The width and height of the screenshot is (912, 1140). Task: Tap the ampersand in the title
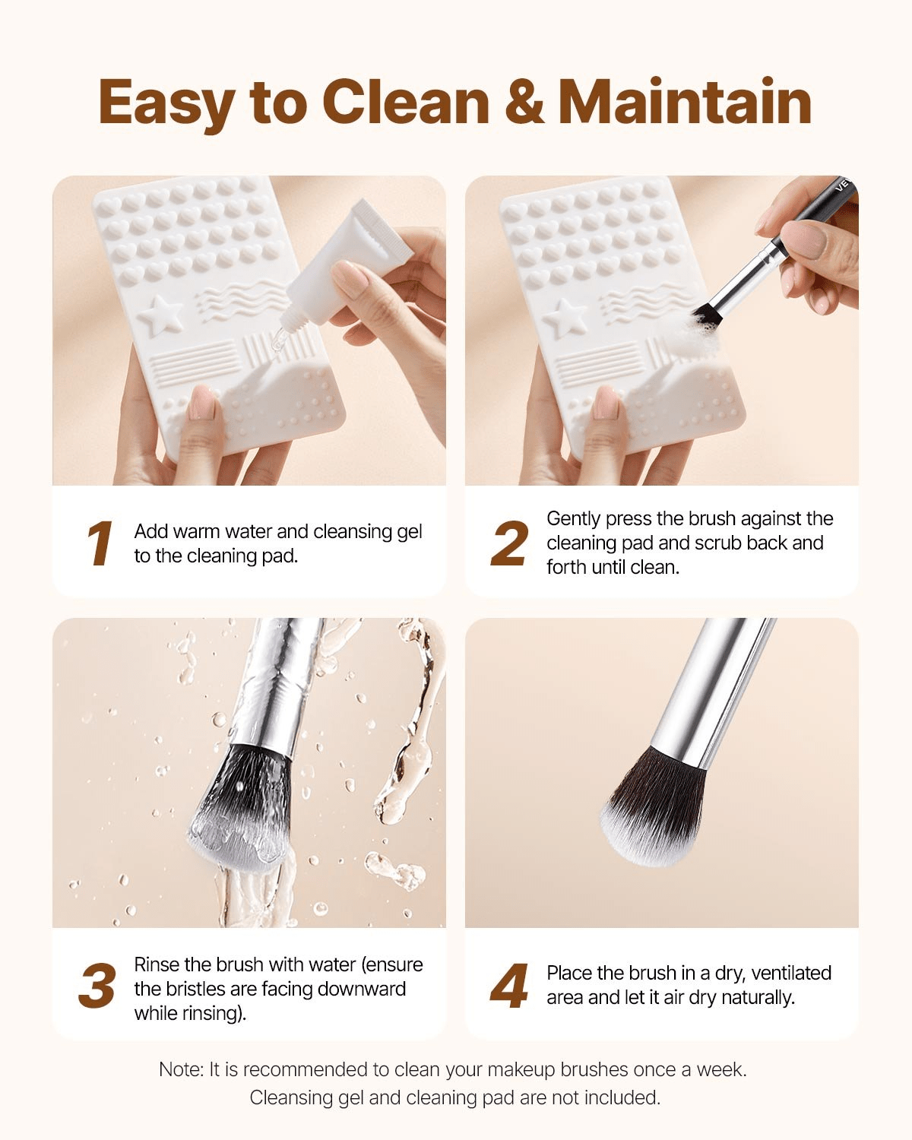[x=524, y=103]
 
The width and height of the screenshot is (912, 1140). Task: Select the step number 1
[x=99, y=544]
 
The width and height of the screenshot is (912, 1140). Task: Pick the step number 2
[x=508, y=544]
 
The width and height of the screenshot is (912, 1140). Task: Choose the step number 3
[x=97, y=987]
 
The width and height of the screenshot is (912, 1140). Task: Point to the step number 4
[x=509, y=987]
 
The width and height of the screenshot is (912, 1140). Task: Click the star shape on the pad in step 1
[x=159, y=313]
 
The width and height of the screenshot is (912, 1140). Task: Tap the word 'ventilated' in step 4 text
[x=791, y=973]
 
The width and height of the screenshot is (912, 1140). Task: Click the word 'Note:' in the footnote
[x=181, y=1069]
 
